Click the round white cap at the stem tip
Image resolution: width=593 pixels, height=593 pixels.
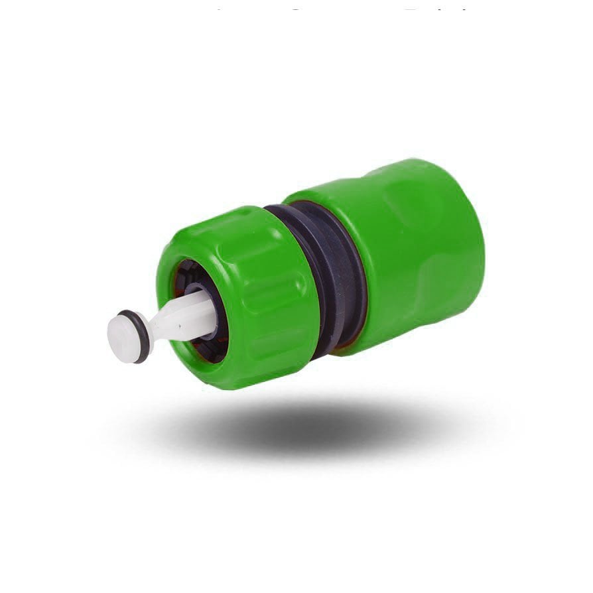[x=123, y=338]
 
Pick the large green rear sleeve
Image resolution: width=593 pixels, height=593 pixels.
[x=411, y=252]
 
